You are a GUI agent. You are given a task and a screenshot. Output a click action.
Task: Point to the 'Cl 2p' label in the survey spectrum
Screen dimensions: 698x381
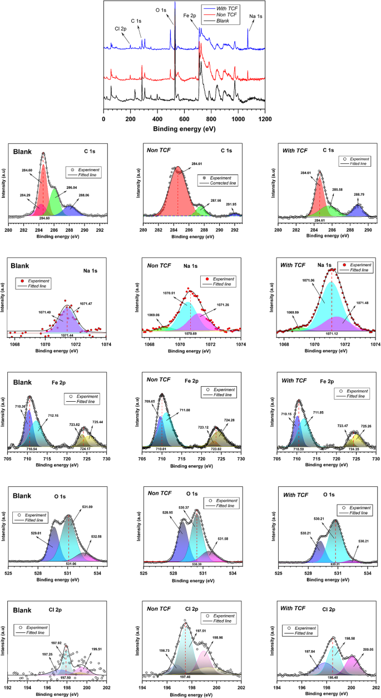click(120, 28)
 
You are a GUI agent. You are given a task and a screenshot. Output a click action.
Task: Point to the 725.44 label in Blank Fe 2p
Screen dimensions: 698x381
click(98, 422)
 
